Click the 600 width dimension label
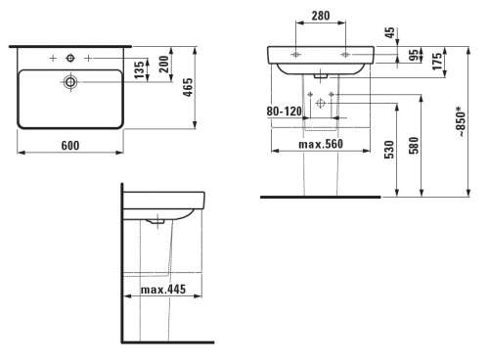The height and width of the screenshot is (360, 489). tap(70, 146)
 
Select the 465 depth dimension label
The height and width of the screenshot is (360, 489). tap(188, 87)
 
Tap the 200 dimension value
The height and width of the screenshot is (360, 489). tap(164, 65)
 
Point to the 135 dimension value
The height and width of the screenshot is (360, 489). tap(139, 69)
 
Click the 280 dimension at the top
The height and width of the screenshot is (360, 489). tap(321, 16)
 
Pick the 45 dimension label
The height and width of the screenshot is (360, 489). tap(389, 32)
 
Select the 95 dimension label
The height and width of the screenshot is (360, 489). tap(414, 55)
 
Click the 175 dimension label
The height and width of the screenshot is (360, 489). tap(437, 61)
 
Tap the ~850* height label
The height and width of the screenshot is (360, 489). tap(462, 121)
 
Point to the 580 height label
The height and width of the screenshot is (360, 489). tap(414, 146)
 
